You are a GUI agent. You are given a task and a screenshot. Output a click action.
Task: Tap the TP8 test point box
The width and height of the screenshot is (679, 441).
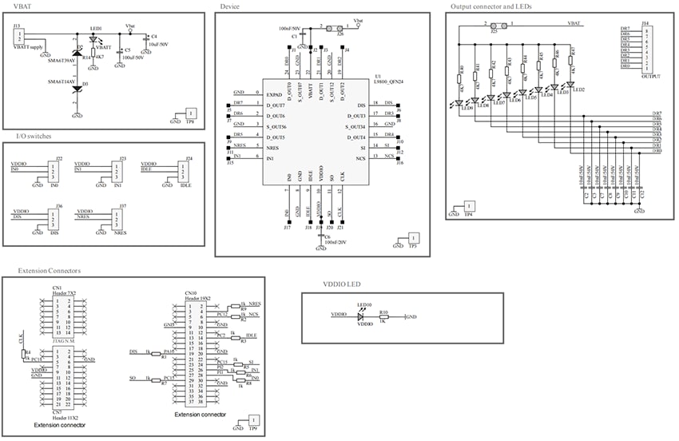tap(189, 115)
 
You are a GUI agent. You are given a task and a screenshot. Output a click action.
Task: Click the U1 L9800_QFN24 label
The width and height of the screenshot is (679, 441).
tap(387, 81)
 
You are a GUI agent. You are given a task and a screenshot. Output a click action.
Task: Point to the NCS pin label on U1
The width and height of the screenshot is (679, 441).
tap(360, 159)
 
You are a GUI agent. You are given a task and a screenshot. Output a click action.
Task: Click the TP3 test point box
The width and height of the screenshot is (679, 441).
tap(413, 238)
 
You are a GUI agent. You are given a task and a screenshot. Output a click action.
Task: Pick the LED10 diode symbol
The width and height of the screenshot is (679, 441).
tap(364, 316)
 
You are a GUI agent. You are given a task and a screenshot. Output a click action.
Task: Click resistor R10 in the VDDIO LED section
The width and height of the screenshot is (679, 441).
tap(385, 317)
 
